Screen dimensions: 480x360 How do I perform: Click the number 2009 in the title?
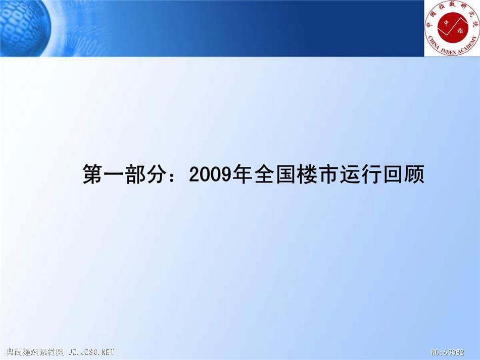click(209, 174)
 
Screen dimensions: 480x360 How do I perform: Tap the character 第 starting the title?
click(93, 174)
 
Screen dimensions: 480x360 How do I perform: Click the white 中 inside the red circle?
click(447, 23)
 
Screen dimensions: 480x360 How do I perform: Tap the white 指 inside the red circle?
click(460, 30)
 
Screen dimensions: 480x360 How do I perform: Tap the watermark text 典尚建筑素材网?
click(35, 352)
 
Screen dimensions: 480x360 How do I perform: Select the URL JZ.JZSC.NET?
click(91, 352)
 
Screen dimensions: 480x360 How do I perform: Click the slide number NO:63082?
click(447, 352)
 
